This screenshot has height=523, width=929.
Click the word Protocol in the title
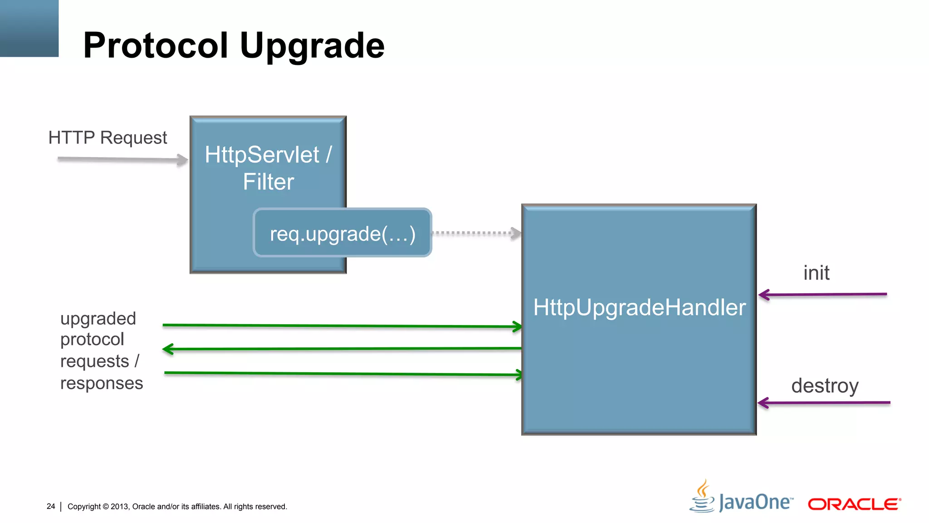click(155, 46)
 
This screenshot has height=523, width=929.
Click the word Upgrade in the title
click(312, 46)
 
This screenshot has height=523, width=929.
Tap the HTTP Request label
click(108, 138)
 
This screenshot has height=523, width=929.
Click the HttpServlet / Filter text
click(268, 168)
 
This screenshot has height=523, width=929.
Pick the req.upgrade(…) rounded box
click(342, 233)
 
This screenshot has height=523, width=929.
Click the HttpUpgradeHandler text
click(639, 307)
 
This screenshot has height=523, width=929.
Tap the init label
click(816, 273)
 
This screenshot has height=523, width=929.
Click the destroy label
click(825, 386)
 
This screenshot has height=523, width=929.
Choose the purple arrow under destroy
click(823, 403)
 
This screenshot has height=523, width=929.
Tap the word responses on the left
click(102, 383)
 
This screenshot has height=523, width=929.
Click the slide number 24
click(51, 506)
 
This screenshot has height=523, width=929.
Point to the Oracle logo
click(854, 504)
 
